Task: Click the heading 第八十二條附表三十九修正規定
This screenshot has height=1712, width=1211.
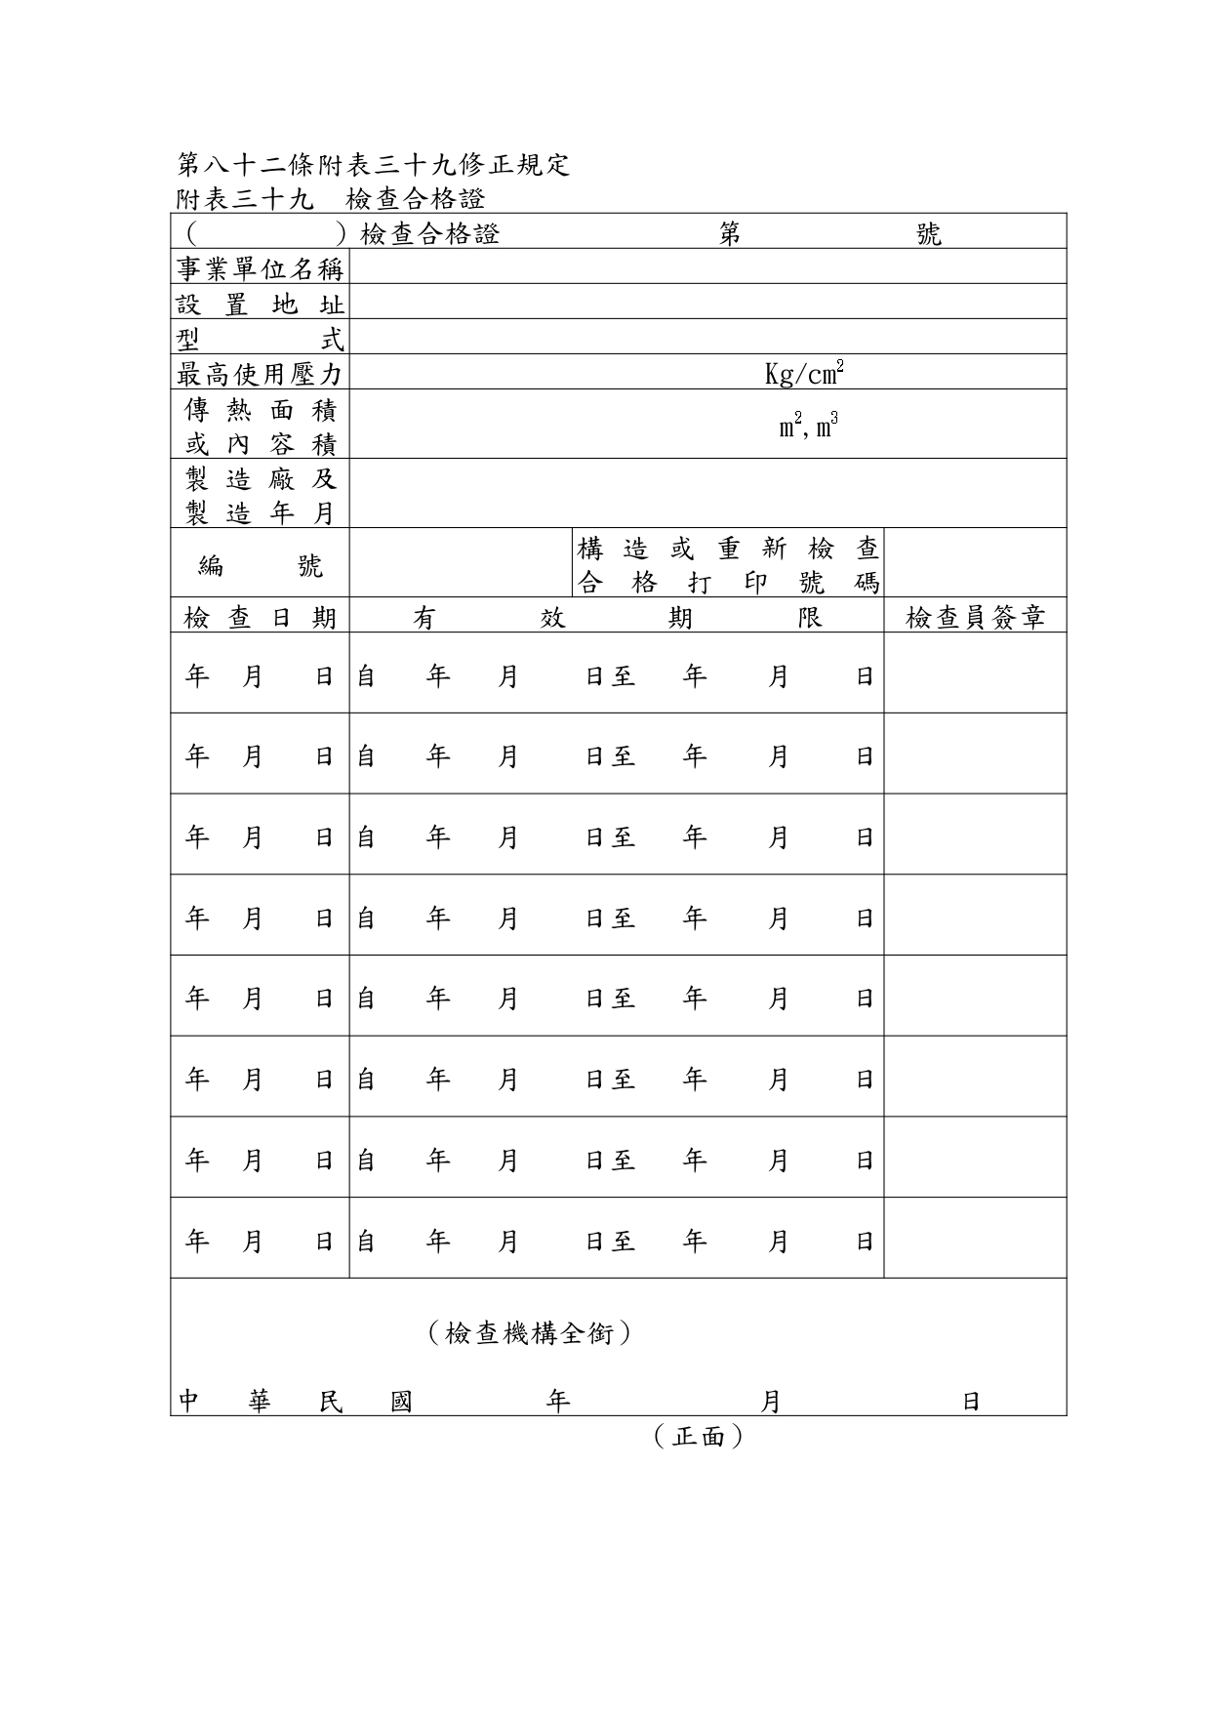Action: [x=374, y=164]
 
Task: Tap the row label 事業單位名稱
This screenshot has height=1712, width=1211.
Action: [x=260, y=267]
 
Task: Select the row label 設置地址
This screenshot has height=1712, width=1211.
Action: [x=260, y=303]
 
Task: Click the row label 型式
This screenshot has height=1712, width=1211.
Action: [x=260, y=338]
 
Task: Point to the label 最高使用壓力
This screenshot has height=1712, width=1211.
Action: [x=260, y=373]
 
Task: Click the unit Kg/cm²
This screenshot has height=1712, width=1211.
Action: [x=804, y=373]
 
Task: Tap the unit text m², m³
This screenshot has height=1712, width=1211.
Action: [x=808, y=426]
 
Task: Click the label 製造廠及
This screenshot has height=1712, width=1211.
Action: [x=260, y=478]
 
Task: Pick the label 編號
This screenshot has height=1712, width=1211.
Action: [x=260, y=564]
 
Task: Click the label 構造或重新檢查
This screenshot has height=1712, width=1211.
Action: [x=728, y=549]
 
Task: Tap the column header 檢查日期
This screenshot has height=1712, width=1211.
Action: [x=260, y=617]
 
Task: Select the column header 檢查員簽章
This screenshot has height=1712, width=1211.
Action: [x=975, y=617]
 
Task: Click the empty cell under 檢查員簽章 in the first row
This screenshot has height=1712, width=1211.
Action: [x=975, y=673]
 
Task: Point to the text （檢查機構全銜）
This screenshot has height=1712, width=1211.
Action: [x=529, y=1332]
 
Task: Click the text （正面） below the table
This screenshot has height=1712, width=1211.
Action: [x=699, y=1436]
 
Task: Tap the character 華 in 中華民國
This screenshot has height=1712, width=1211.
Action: [x=260, y=1402]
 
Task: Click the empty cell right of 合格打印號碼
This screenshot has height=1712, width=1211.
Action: [x=975, y=564]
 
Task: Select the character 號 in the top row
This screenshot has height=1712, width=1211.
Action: [x=928, y=234]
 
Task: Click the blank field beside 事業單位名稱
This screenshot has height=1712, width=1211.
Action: [x=706, y=267]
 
